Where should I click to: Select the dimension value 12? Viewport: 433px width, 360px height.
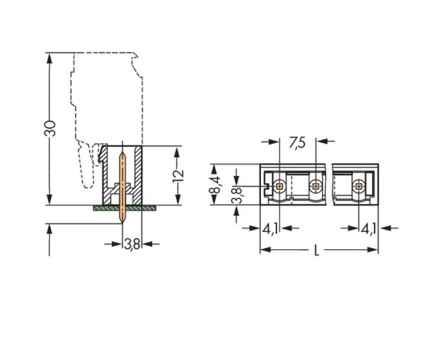pyautogui.click(x=178, y=175)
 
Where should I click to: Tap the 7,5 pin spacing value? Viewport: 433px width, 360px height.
pyautogui.click(x=297, y=143)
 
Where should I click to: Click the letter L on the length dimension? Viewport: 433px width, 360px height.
pyautogui.click(x=317, y=250)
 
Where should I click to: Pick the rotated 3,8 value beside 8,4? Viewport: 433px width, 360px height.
pyautogui.click(x=236, y=195)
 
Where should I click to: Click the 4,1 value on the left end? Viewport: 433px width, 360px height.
pyautogui.click(x=270, y=229)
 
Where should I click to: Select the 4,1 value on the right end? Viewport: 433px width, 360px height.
pyautogui.click(x=369, y=229)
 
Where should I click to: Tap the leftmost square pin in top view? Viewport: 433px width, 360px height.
pyautogui.click(x=279, y=186)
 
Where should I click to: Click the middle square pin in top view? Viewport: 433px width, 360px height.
pyautogui.click(x=316, y=186)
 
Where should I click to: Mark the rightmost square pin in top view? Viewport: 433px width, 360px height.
pyautogui.click(x=358, y=186)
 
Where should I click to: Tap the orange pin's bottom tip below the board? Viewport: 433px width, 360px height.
pyautogui.click(x=123, y=221)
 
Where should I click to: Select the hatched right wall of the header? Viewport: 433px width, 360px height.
pyautogui.click(x=138, y=173)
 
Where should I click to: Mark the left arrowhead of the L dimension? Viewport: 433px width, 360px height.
pyautogui.click(x=264, y=250)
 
